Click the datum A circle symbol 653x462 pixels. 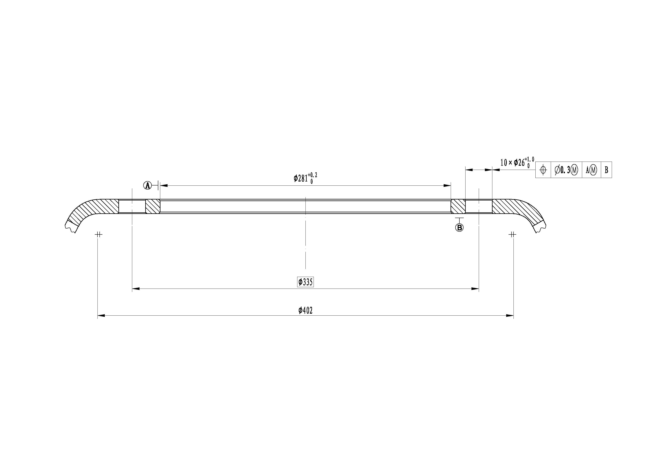click(147, 186)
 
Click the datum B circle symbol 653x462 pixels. click(459, 228)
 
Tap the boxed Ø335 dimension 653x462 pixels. click(305, 282)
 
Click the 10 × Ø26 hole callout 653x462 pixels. click(517, 162)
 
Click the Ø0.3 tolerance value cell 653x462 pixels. click(566, 170)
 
